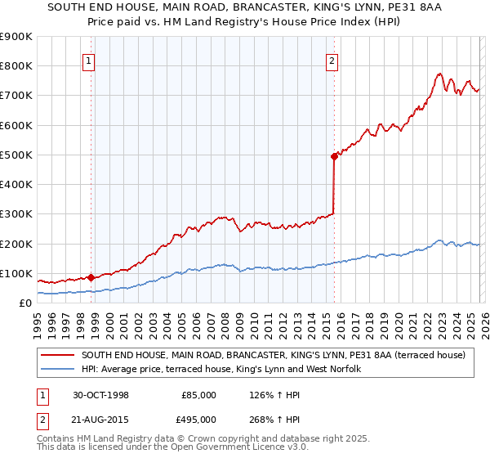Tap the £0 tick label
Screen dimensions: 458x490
tap(24, 303)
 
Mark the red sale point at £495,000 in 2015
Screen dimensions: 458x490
tap(334, 156)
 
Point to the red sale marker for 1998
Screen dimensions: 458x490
tap(91, 277)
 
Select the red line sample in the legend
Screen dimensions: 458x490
tap(58, 355)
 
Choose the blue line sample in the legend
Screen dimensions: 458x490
tap(58, 369)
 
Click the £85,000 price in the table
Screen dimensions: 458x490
tap(198, 394)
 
